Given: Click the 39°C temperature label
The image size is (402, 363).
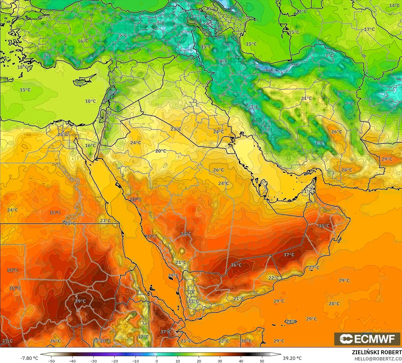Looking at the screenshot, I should click(x=80, y=301).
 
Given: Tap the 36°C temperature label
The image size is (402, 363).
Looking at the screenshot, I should click(x=236, y=265).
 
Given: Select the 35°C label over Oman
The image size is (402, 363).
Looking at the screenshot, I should click(x=324, y=226).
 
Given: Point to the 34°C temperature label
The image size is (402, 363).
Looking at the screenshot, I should click(x=185, y=234).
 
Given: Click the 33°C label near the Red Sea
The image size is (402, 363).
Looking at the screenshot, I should click(x=136, y=199).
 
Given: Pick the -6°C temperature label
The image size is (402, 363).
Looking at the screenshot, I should click(x=269, y=70).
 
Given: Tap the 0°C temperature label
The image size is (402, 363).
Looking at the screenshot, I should click(x=223, y=61).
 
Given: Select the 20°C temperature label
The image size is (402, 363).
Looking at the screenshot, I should click(x=161, y=151).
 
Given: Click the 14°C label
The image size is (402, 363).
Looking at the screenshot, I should click(x=394, y=6).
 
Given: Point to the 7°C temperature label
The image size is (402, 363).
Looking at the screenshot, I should click(x=349, y=104).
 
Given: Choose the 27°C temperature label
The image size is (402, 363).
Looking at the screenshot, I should click(x=314, y=267).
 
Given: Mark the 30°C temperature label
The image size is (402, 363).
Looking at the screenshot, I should click(x=246, y=341).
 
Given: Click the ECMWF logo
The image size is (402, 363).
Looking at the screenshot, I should click(x=368, y=339).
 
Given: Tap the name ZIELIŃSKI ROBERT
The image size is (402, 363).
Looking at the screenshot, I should click(x=377, y=352).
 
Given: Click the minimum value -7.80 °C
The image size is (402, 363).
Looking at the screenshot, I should click(x=29, y=358).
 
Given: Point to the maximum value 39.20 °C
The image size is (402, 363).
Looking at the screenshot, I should click(x=292, y=358).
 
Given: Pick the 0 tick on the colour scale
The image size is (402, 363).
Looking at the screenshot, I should click(x=157, y=361).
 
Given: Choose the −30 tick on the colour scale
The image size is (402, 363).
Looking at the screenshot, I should click(x=93, y=361).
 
